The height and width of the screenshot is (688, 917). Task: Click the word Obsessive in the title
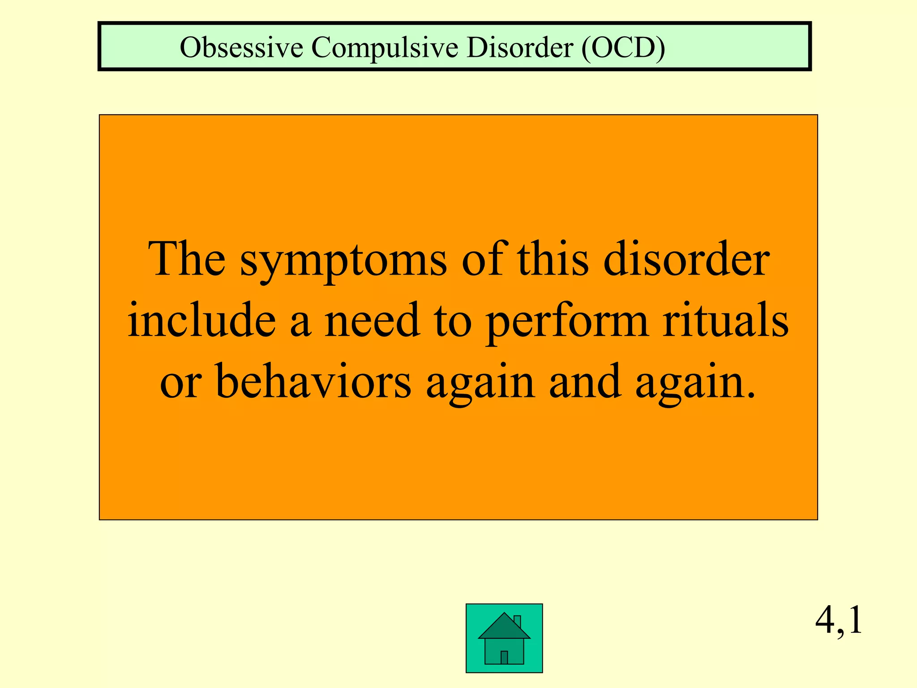pyautogui.click(x=241, y=47)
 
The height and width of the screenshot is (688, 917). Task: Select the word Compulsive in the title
pyautogui.click(x=385, y=47)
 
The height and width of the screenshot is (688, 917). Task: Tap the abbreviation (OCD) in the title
pyautogui.click(x=623, y=47)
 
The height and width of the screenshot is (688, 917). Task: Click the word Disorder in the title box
pyautogui.click(x=519, y=47)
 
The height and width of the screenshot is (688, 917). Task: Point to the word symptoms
pyautogui.click(x=343, y=261)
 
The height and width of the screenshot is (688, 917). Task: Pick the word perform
pyautogui.click(x=567, y=322)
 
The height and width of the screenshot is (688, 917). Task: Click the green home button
pyautogui.click(x=504, y=638)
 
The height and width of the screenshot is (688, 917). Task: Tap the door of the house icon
pyautogui.click(x=504, y=657)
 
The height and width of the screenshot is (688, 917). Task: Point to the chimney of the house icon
pyautogui.click(x=517, y=621)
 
